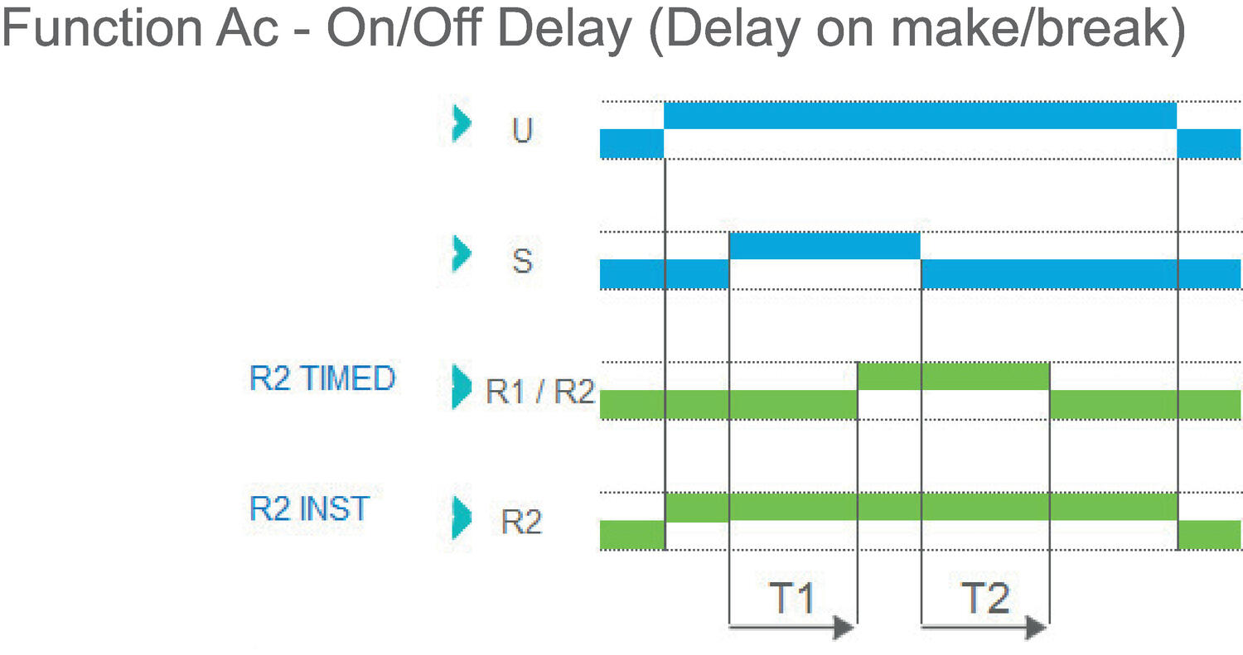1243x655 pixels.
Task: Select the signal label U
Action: tap(521, 131)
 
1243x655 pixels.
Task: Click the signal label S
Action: tap(521, 262)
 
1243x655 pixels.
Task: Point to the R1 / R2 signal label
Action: tap(539, 392)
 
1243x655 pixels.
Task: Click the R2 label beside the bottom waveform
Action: tap(521, 523)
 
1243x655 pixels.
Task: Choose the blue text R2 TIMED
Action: tap(322, 379)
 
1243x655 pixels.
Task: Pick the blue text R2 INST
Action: tap(309, 508)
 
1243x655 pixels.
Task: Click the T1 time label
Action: tap(792, 598)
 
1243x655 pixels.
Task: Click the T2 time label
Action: tap(984, 598)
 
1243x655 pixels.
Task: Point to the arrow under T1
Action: tap(792, 629)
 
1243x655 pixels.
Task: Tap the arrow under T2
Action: tap(984, 629)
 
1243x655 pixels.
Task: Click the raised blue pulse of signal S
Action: tap(825, 246)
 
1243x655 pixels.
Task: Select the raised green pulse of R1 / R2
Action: tap(953, 376)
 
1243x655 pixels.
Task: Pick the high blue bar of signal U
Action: tap(920, 115)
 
